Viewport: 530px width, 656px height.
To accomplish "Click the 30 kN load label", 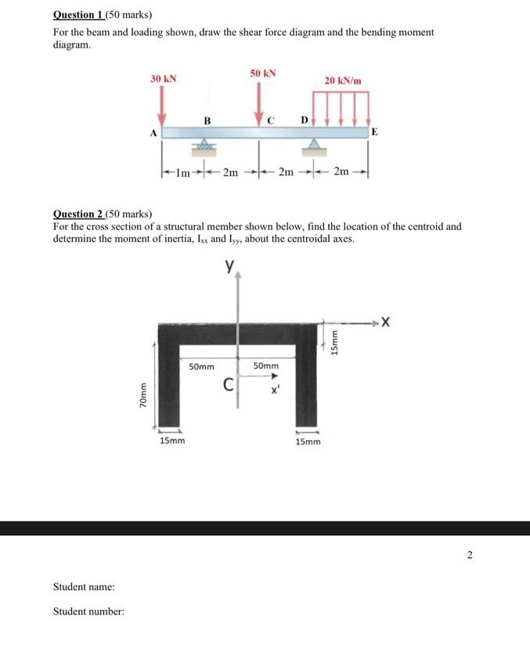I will point(164,79).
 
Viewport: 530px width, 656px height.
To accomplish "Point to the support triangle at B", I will point(204,145).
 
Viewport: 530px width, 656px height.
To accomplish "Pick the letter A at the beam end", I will point(153,133).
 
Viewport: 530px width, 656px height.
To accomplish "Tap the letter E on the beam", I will point(374,132).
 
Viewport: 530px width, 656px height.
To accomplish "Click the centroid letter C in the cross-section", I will point(228,385).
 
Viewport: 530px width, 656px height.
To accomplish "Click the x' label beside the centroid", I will point(275,390).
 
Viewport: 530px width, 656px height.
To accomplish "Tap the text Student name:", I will point(84,586).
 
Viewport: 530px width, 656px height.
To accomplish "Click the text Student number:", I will point(88,611).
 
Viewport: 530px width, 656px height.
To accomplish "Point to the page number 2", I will point(470,555).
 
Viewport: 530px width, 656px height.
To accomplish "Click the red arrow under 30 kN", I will point(163,106).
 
